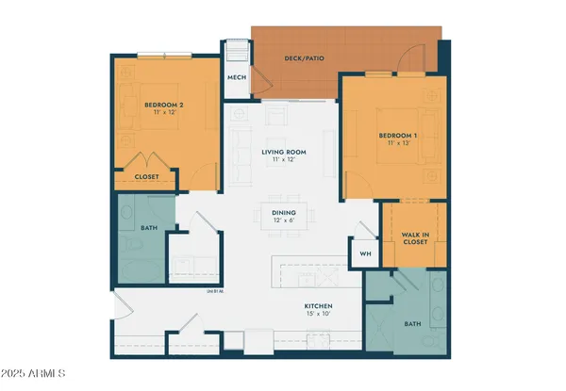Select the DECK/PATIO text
pyautogui.click(x=304, y=59)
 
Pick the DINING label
pyautogui.click(x=284, y=213)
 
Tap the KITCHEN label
pyautogui.click(x=317, y=305)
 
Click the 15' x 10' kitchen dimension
pyautogui.click(x=317, y=315)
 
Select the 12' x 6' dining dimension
pyautogui.click(x=284, y=222)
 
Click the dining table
pyautogui.click(x=284, y=218)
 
